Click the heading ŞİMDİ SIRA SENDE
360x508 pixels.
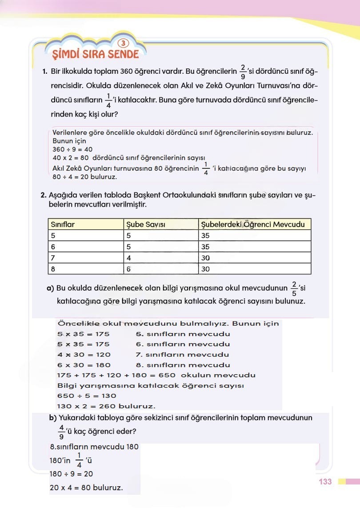(96, 55)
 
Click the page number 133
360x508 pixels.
(325, 482)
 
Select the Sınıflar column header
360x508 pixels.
(63, 224)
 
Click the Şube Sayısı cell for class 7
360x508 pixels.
(129, 258)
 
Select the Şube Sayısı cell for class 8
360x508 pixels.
(129, 269)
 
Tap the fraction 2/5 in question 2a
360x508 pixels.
(294, 288)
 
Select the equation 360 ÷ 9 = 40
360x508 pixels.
(72, 149)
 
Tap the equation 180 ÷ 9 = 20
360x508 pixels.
(72, 474)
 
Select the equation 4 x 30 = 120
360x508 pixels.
(84, 354)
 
